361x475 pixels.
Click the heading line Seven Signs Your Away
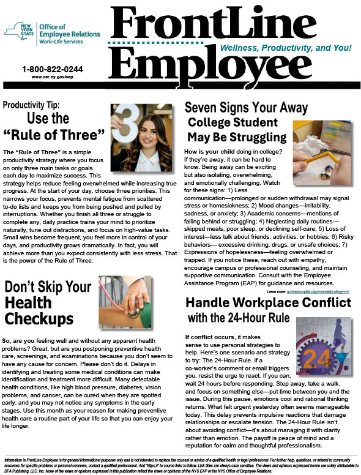pos(245,108)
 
